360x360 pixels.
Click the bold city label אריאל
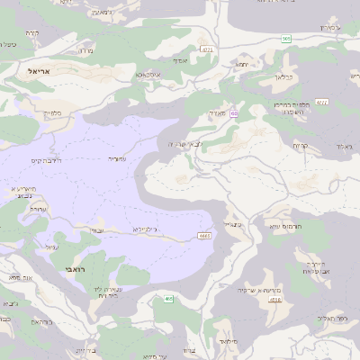coord(42,70)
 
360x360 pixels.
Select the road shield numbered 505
coord(285,39)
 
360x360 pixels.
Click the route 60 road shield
coord(233,113)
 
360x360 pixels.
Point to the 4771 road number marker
coord(208,50)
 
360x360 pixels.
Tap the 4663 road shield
coord(205,237)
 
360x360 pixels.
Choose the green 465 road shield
coord(167,300)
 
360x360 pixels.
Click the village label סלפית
coord(52,113)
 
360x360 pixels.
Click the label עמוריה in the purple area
coord(118,157)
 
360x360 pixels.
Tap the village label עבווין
coord(97,230)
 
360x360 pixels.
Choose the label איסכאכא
coord(147,75)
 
